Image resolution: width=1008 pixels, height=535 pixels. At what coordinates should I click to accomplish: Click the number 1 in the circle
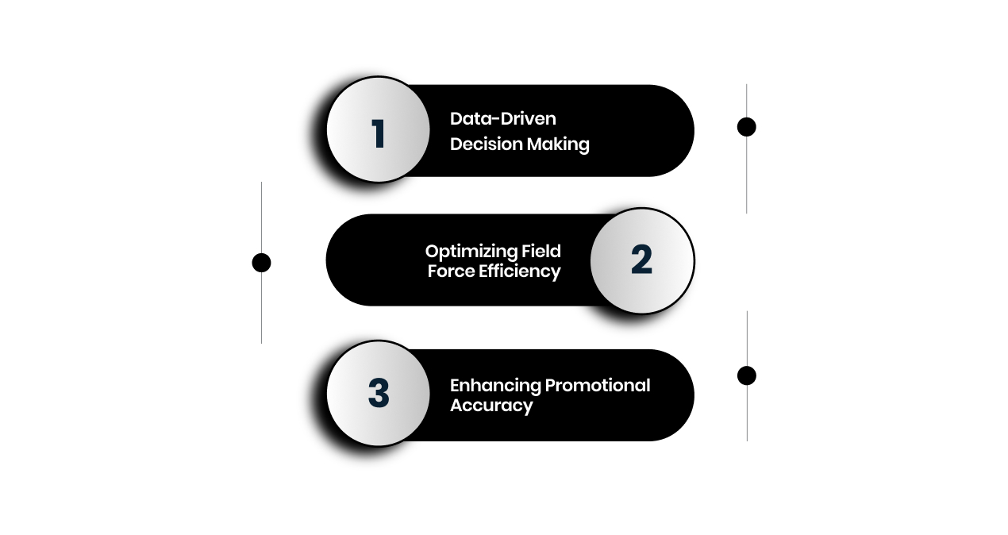[378, 133]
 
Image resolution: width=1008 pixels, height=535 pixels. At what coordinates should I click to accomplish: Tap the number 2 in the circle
[641, 260]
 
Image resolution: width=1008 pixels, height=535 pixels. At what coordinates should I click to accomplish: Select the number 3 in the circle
[379, 393]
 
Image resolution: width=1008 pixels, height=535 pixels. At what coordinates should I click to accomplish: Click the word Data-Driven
[502, 118]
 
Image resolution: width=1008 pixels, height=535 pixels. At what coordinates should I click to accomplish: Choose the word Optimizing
[471, 252]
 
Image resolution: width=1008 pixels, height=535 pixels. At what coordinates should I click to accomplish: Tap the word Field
[541, 251]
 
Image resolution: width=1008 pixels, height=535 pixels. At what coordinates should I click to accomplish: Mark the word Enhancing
[483, 386]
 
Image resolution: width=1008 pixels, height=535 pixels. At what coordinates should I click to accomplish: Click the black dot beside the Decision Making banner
[746, 127]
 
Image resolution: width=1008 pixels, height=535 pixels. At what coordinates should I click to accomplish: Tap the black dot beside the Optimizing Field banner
[261, 263]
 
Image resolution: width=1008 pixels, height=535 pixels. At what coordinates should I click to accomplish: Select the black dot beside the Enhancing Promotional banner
[746, 375]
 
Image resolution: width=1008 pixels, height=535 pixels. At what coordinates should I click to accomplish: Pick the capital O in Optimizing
[433, 252]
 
